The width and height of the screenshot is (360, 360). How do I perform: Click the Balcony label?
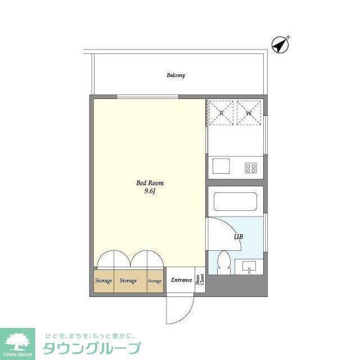click(175, 75)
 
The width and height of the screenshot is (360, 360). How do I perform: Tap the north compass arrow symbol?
click(280, 45)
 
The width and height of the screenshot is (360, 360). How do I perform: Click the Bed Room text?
click(150, 183)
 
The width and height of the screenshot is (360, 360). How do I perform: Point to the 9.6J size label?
click(150, 191)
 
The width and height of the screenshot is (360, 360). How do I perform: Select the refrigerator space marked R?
click(221, 112)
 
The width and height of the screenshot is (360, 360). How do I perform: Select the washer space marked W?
click(249, 112)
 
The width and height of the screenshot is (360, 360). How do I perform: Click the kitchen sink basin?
click(221, 166)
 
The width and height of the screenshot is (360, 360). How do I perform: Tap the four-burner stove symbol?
click(251, 168)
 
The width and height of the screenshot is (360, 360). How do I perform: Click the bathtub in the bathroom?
click(235, 201)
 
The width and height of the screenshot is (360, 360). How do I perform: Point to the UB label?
click(238, 236)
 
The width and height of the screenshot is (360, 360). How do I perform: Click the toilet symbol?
click(224, 263)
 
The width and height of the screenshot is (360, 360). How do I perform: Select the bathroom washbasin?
click(249, 267)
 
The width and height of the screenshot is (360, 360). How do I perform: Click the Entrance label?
click(181, 280)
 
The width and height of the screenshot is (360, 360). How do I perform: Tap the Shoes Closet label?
click(200, 280)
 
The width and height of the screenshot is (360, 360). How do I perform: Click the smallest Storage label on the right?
click(155, 281)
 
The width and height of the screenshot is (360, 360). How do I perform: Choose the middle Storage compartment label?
click(128, 281)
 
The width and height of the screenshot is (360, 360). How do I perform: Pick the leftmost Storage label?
click(103, 281)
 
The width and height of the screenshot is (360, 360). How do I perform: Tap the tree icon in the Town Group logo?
click(17, 342)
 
